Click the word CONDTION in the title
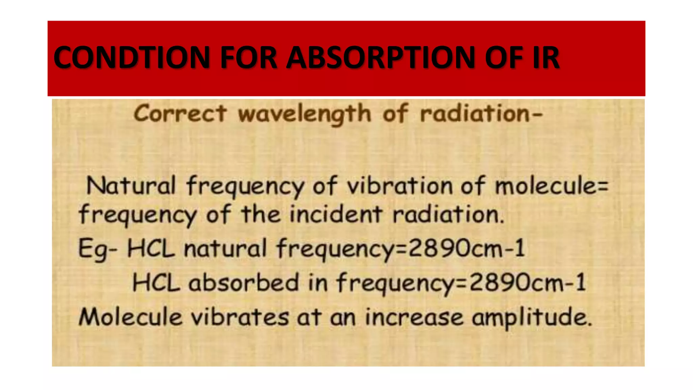click(132, 58)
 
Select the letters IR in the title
click(546, 58)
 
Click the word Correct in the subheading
click(180, 113)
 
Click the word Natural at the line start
click(131, 186)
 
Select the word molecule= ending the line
click(552, 186)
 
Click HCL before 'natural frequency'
click(151, 248)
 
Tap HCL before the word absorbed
click(156, 283)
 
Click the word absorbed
click(244, 283)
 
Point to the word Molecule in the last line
click(131, 317)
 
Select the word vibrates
click(240, 317)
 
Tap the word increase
click(414, 317)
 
